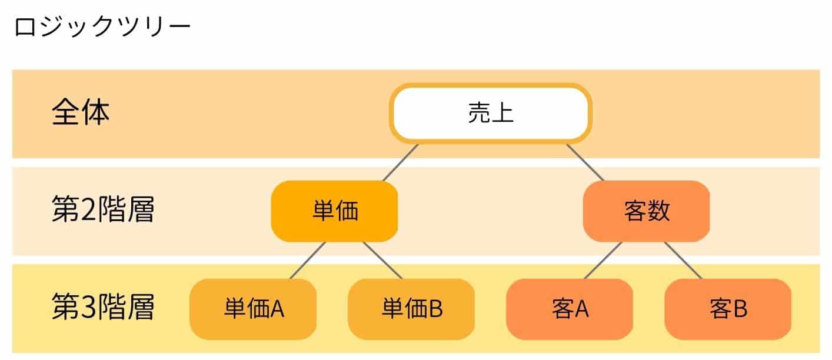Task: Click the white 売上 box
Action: point(491,114)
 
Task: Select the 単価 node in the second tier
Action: point(334,211)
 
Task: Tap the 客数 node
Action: point(646,211)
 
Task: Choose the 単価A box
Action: point(253,309)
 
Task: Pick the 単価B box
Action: point(411,309)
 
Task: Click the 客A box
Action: point(570,309)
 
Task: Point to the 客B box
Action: point(728,309)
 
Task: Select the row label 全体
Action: point(81,113)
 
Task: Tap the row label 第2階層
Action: point(103,211)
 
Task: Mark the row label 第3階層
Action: point(103,308)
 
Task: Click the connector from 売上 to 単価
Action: point(401,162)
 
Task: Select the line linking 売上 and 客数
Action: point(585,162)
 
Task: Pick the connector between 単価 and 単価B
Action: point(382,260)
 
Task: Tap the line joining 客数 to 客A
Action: point(603,260)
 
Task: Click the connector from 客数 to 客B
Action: point(683,260)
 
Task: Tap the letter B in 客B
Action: point(740,309)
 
